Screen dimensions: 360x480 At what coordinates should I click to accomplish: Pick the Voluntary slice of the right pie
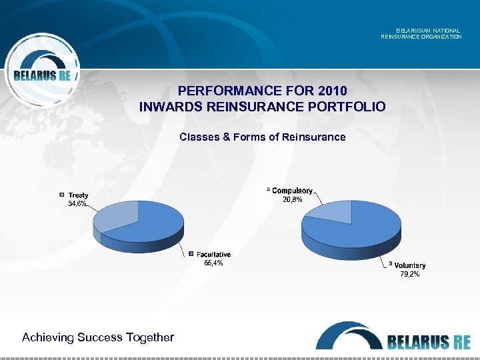click(x=363, y=230)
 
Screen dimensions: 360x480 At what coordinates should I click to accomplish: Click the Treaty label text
click(x=78, y=195)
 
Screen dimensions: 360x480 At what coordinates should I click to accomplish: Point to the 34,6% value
click(x=77, y=203)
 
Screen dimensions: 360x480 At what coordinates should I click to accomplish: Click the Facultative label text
click(x=213, y=255)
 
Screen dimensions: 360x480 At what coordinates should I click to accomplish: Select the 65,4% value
click(x=213, y=263)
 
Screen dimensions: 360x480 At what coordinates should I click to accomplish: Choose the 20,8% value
click(x=291, y=199)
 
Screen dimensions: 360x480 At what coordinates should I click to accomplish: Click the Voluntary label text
click(x=409, y=265)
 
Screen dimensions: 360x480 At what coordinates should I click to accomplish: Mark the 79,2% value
click(x=409, y=274)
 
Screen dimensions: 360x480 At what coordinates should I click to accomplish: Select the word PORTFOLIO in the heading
click(x=347, y=106)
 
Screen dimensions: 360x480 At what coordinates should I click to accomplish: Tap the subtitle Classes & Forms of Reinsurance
click(x=263, y=137)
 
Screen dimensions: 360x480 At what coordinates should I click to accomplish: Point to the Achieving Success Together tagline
click(x=98, y=337)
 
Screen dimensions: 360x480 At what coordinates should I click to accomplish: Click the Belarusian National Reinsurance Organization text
click(x=421, y=33)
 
